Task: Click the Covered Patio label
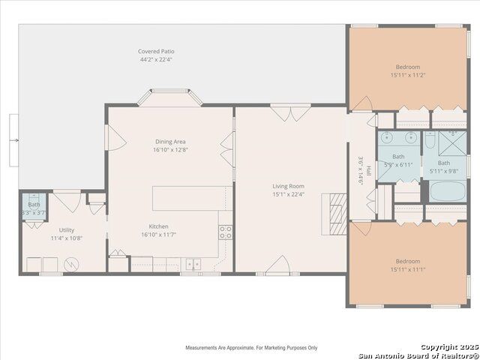pos(156,52)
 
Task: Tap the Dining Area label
pos(170,142)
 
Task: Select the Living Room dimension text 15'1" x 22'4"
pos(288,194)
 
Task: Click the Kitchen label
pos(158,226)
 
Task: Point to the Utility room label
pos(67,230)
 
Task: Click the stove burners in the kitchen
pos(225,232)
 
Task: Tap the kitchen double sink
pos(193,264)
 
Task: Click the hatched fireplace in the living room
pos(338,213)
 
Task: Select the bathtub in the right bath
pos(448,191)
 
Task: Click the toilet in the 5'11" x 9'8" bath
pos(430,141)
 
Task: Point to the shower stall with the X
pos(452,143)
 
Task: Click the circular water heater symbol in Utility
pos(71,264)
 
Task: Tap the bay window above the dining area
pos(170,97)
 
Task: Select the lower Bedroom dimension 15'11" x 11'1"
pos(408,269)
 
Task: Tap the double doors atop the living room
pos(290,112)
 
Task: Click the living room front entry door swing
pos(278,264)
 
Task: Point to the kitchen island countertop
pos(192,198)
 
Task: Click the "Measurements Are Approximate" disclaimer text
pos(251,348)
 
